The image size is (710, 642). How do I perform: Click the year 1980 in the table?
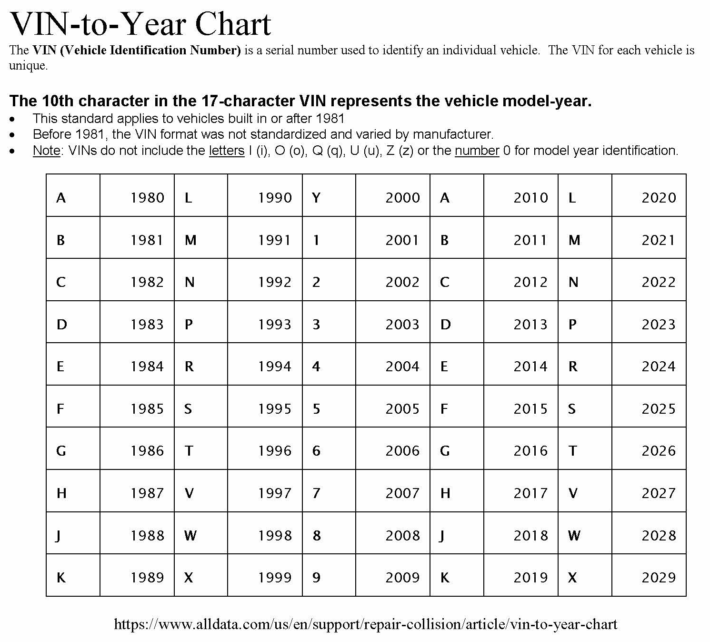[x=147, y=197]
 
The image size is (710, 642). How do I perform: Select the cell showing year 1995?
[x=275, y=408]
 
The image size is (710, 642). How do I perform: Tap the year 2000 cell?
[x=402, y=197]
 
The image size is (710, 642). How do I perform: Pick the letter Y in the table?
[x=316, y=197]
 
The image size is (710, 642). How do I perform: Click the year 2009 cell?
[x=402, y=577]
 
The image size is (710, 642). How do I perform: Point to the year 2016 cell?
[x=530, y=450]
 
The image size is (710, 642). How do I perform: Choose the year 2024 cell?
[x=658, y=366]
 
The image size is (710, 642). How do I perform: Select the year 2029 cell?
[x=658, y=577]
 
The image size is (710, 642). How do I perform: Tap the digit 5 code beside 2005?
[x=316, y=408]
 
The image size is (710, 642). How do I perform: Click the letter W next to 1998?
[x=190, y=535]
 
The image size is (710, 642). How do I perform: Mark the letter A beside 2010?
[x=444, y=197]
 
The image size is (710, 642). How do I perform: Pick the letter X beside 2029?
[x=572, y=577]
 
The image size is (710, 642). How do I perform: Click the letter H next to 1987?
[x=61, y=493]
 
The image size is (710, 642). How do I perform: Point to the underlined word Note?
[x=46, y=151]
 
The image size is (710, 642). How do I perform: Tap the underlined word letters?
[x=226, y=151]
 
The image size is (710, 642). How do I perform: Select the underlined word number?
[x=477, y=151]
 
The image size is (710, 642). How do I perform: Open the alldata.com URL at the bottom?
[x=365, y=624]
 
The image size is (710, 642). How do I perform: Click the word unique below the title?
[x=28, y=65]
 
